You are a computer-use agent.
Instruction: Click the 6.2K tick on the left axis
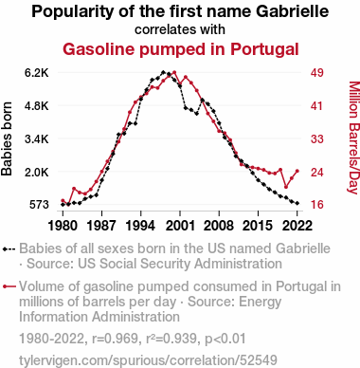click(37, 73)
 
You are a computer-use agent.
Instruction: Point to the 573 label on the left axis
click(39, 205)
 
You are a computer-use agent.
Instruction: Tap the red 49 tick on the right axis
click(317, 73)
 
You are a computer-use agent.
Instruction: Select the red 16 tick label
click(317, 205)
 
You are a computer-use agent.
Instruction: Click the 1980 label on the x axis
click(63, 226)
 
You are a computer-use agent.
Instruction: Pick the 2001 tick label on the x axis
click(180, 226)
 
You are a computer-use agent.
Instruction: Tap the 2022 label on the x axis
click(297, 226)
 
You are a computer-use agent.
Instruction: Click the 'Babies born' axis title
click(7, 138)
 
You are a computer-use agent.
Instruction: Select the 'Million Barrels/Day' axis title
click(353, 138)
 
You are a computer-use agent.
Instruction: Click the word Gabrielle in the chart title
click(292, 11)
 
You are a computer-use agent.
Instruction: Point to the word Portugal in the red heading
click(264, 49)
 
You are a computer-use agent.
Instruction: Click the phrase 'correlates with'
click(180, 29)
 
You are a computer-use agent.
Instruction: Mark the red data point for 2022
click(297, 171)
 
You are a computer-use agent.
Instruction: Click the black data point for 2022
click(297, 203)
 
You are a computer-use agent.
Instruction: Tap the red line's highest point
click(174, 72)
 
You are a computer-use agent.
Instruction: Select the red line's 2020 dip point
click(286, 187)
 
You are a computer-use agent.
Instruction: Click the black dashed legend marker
click(9, 249)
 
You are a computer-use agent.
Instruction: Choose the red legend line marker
click(9, 286)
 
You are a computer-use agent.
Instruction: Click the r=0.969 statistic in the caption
click(115, 339)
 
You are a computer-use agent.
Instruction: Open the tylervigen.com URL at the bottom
click(148, 360)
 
